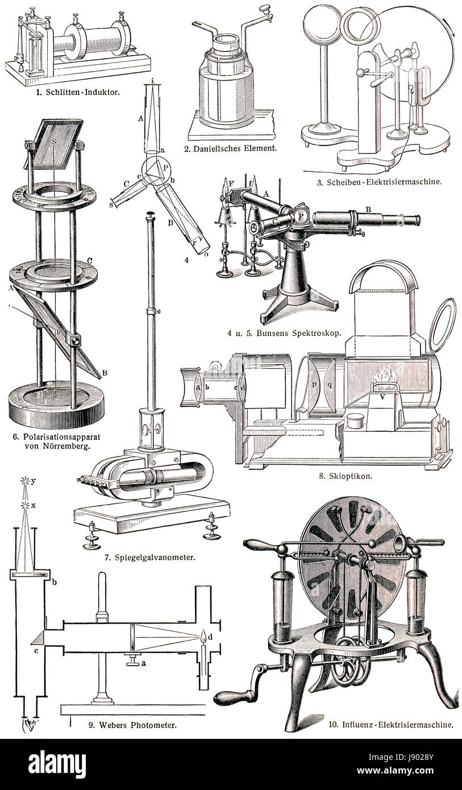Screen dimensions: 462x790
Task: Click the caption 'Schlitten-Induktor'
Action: pyautogui.click(x=82, y=93)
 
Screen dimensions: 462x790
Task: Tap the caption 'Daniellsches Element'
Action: pyautogui.click(x=235, y=148)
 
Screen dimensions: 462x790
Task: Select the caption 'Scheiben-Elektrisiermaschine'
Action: pyautogui.click(x=384, y=182)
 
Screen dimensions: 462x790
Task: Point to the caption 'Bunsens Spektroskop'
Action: pyautogui.click(x=298, y=333)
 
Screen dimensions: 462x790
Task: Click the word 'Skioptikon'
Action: pyautogui.click(x=351, y=475)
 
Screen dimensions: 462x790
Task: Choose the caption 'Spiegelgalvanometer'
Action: pyautogui.click(x=155, y=558)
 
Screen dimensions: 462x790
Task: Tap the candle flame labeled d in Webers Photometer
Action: pyautogui.click(x=204, y=637)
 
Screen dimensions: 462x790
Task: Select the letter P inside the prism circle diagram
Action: pyautogui.click(x=166, y=167)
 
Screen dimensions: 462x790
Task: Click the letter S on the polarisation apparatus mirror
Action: pyautogui.click(x=53, y=141)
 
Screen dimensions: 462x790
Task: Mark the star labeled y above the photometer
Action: pyautogui.click(x=25, y=480)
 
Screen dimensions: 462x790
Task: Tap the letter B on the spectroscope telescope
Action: pyautogui.click(x=368, y=210)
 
